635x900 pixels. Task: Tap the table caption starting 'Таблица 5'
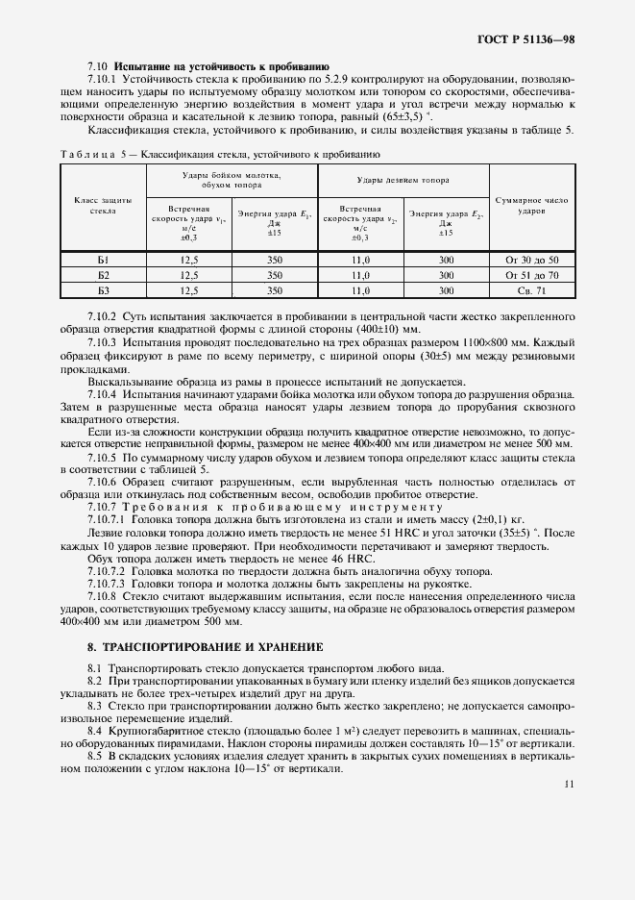(220, 153)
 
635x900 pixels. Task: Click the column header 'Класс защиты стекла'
(102, 204)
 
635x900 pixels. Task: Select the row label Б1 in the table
(103, 260)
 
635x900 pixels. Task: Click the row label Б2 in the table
(103, 274)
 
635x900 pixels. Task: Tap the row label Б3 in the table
(103, 289)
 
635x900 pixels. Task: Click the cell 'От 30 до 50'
(531, 260)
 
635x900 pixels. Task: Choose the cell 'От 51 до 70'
(531, 274)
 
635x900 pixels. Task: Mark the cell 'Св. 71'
(531, 289)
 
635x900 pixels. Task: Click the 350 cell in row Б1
(274, 260)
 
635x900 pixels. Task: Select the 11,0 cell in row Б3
(360, 289)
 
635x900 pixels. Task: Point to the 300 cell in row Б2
(446, 274)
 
